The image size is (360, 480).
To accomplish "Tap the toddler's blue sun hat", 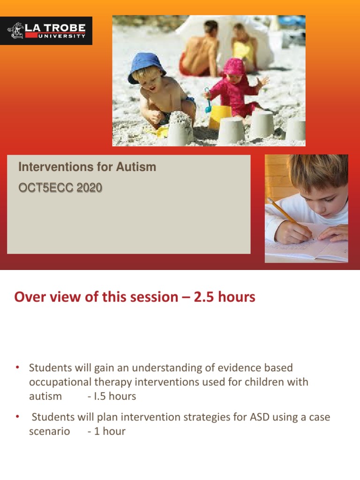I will click(146, 67).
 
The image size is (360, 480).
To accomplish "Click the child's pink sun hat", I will click(234, 67).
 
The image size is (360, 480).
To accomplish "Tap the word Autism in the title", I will click(139, 167).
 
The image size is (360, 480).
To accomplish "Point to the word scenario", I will click(49, 431).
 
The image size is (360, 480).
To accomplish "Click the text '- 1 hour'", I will click(106, 431).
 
